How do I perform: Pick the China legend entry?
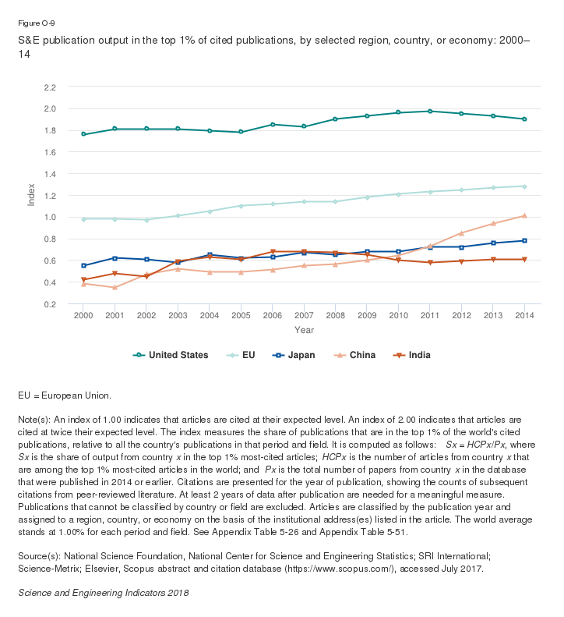click(355, 355)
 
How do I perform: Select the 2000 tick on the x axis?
click(83, 316)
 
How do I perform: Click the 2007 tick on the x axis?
click(304, 316)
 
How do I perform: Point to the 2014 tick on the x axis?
click(524, 316)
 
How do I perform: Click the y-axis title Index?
click(32, 193)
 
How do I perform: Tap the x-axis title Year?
click(304, 330)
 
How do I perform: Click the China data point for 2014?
click(524, 215)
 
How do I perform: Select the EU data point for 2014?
click(524, 186)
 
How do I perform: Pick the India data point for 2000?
click(83, 280)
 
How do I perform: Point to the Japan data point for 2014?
click(524, 240)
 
